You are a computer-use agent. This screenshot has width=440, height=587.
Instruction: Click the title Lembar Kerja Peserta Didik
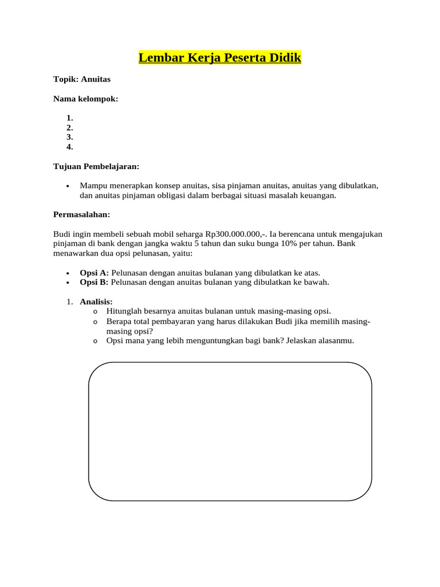click(219, 58)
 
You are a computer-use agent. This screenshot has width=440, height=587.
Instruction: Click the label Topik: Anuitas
click(82, 79)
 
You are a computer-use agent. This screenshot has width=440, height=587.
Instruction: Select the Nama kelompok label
click(85, 99)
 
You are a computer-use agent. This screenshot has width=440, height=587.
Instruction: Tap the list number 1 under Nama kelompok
click(69, 118)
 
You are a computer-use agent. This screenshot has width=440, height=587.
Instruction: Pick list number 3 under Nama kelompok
click(69, 137)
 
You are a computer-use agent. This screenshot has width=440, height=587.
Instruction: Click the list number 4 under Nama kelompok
click(69, 147)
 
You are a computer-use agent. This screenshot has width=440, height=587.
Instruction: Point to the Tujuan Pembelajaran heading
click(96, 166)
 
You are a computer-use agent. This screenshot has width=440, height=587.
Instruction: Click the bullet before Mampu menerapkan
click(68, 186)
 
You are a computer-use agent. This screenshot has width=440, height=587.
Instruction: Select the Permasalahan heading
click(81, 214)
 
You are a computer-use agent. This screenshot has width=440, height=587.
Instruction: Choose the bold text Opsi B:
click(94, 282)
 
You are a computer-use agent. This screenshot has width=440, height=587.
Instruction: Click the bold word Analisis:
click(96, 302)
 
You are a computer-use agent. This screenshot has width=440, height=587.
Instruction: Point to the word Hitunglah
click(124, 311)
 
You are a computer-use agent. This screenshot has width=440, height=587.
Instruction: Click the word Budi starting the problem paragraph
click(62, 234)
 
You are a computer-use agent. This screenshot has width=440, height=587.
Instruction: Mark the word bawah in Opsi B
click(317, 282)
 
